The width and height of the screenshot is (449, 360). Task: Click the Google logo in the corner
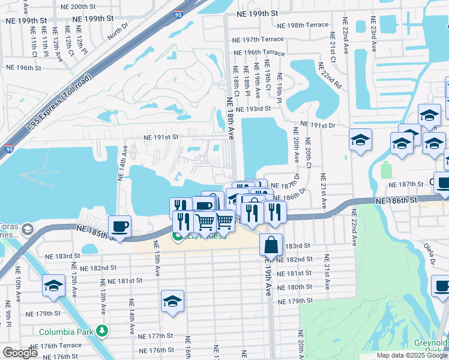20,353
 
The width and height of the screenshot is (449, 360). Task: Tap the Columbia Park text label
66,331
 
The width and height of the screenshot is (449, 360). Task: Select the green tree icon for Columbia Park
102,331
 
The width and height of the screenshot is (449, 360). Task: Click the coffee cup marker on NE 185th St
119,227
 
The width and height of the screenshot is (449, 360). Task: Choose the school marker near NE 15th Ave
172,301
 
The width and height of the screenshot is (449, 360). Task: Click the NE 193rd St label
253,109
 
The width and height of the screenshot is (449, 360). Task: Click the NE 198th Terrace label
303,25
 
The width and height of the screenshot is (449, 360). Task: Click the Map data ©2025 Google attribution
412,355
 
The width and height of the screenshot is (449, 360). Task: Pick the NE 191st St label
161,137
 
